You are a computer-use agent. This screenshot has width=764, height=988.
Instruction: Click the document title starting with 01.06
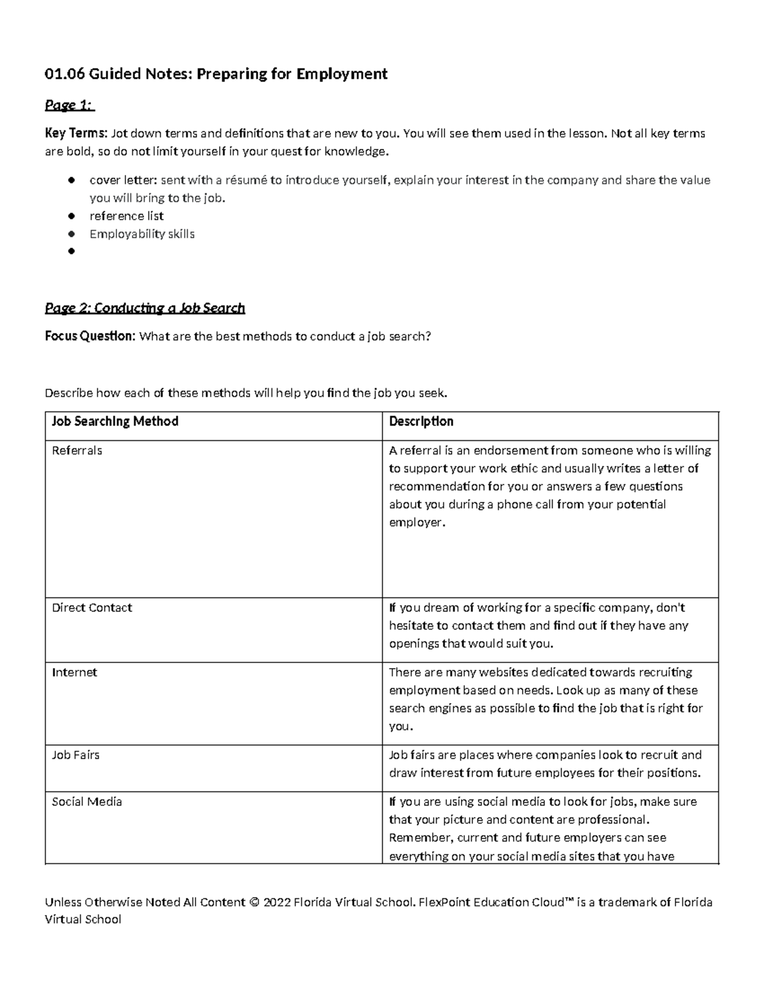(x=216, y=74)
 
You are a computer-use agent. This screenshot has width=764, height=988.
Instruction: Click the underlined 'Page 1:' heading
(x=69, y=105)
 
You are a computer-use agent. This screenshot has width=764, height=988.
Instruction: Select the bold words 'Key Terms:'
(x=76, y=134)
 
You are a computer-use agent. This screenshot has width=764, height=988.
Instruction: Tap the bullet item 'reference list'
(x=127, y=216)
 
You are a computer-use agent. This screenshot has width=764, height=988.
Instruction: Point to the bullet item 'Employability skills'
(x=142, y=234)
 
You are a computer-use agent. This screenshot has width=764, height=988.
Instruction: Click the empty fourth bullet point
(x=71, y=252)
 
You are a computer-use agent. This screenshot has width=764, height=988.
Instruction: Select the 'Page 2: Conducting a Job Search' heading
(x=145, y=309)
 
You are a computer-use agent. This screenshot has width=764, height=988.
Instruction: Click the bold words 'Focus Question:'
(x=90, y=337)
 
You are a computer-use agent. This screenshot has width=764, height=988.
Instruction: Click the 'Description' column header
(x=421, y=421)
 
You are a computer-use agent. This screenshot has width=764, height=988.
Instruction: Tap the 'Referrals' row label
(x=77, y=450)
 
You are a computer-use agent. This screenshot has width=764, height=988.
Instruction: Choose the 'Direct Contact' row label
(x=92, y=608)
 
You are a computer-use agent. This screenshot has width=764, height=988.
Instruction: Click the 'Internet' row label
(x=74, y=672)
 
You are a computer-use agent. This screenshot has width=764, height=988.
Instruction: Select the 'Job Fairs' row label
(x=76, y=755)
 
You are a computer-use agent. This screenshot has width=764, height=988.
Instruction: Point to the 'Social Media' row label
(x=87, y=802)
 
